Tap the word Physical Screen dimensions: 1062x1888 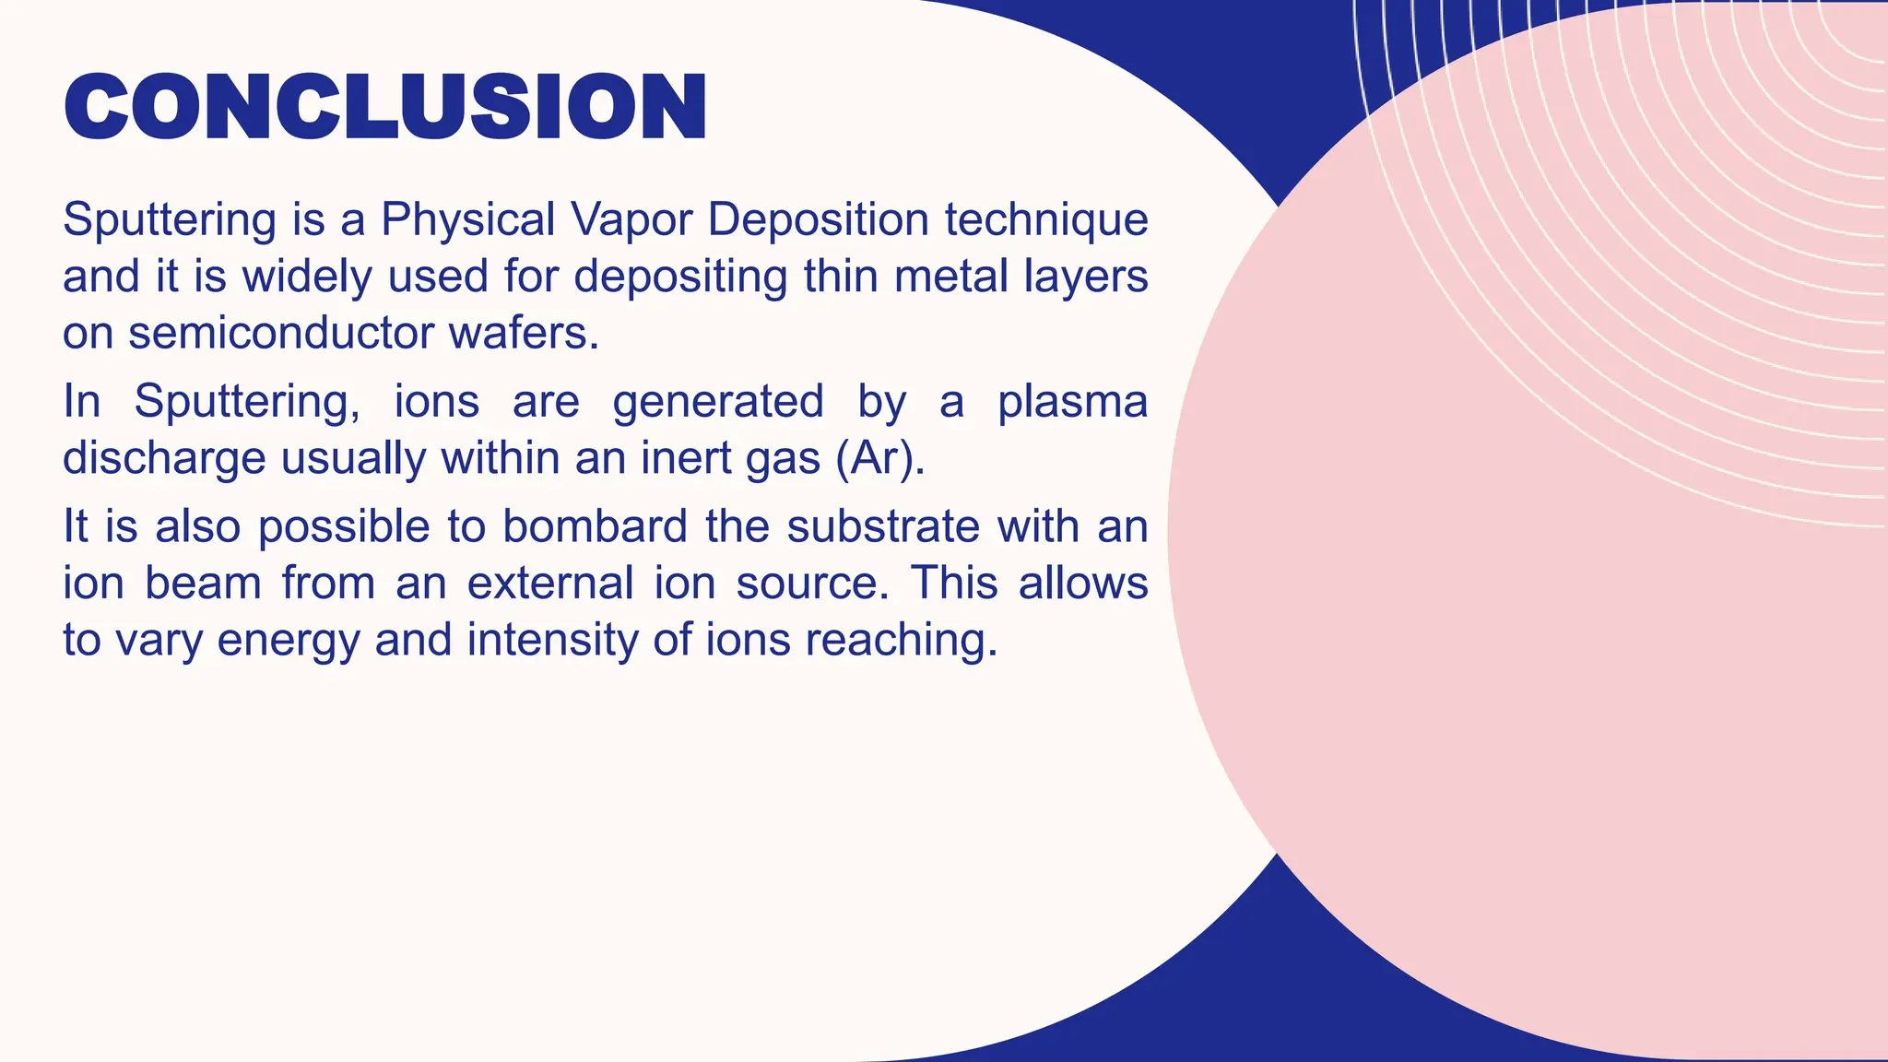click(x=467, y=220)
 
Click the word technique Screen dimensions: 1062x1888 click(x=1046, y=220)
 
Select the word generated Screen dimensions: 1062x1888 click(x=717, y=402)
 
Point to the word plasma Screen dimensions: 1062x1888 click(x=1072, y=402)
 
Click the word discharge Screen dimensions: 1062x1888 click(x=164, y=458)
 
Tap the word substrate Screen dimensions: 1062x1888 click(x=883, y=527)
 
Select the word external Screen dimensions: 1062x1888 click(x=549, y=584)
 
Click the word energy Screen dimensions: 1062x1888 click(x=288, y=641)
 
